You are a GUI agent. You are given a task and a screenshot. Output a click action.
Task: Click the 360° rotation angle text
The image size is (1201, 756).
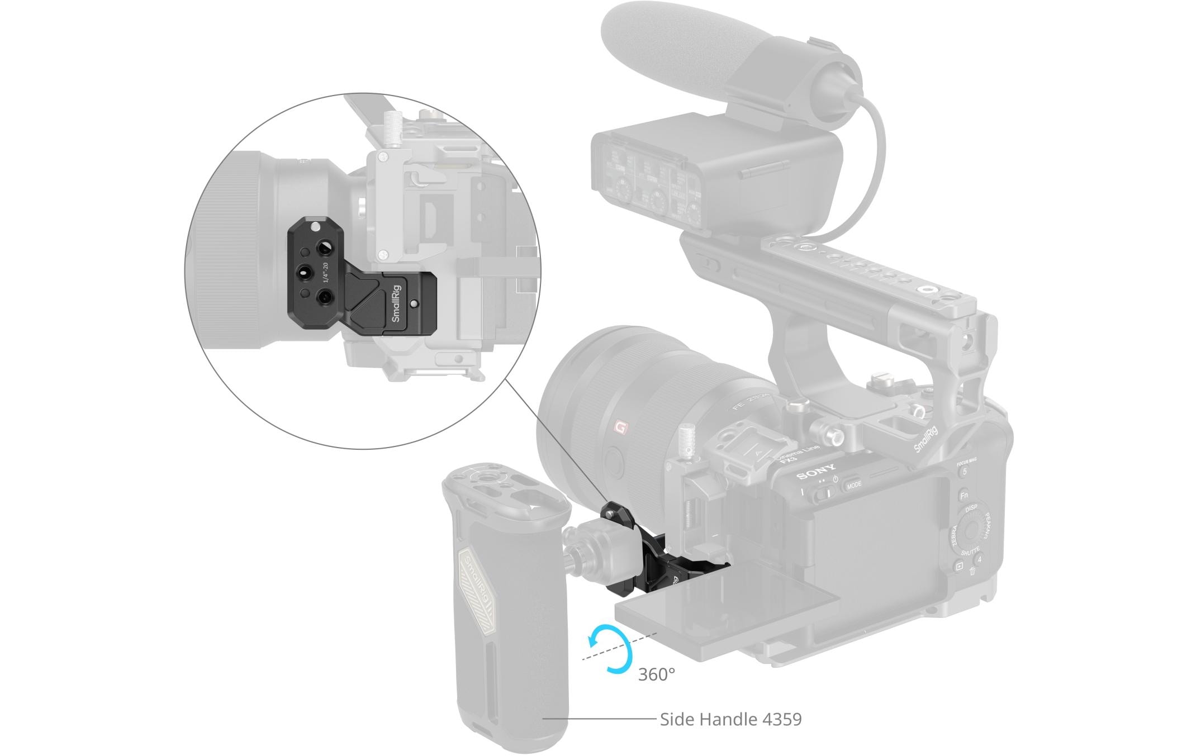656,674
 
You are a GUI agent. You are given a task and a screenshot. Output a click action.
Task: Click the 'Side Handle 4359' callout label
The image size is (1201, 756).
730,719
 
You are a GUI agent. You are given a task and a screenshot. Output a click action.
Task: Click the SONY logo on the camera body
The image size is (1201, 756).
817,473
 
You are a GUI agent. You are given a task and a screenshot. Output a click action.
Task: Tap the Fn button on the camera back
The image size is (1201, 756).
963,496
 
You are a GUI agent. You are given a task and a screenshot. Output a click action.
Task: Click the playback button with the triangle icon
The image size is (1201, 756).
959,566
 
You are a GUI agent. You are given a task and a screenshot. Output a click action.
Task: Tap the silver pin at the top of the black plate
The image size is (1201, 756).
316,227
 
